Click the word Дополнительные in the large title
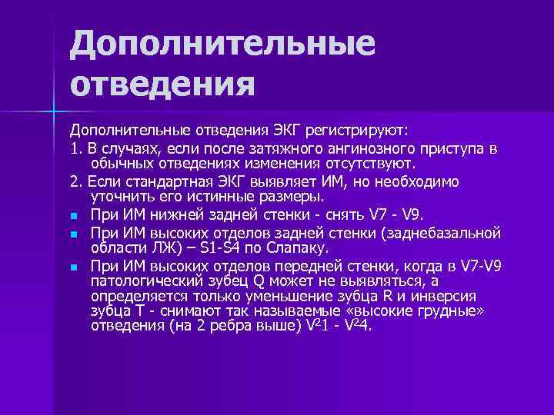pos(223,44)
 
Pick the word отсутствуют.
pos(372,164)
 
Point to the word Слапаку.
pos(301,248)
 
